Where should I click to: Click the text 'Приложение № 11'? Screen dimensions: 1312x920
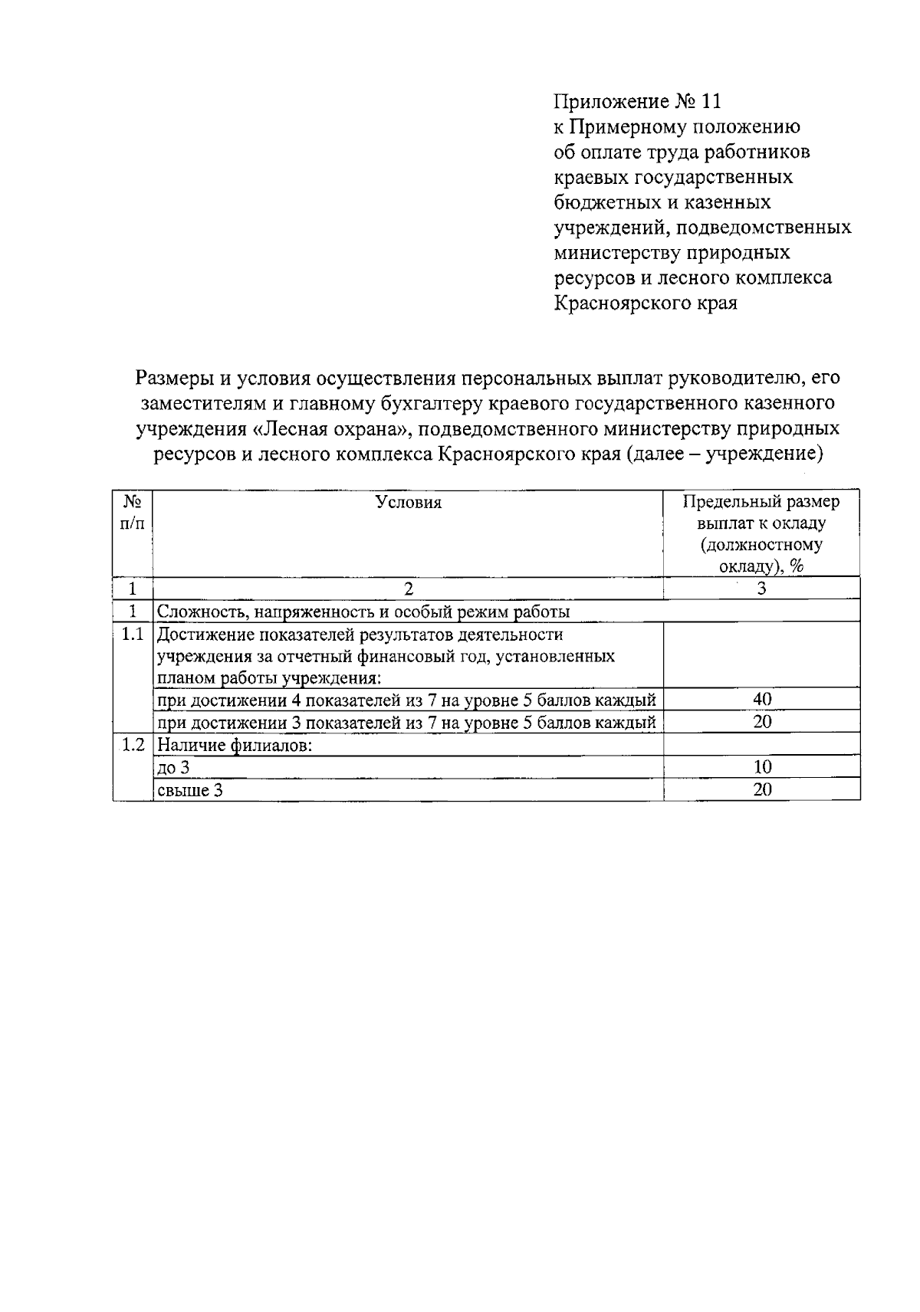(637, 101)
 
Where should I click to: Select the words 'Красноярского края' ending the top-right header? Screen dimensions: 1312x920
(646, 303)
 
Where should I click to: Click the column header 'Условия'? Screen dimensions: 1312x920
(409, 503)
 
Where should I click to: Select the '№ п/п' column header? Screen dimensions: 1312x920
(133, 513)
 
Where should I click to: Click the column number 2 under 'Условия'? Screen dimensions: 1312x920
(409, 589)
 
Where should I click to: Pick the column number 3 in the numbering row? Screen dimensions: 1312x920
(761, 589)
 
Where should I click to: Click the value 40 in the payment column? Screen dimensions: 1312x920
(761, 699)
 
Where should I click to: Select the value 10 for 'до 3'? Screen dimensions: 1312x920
(761, 767)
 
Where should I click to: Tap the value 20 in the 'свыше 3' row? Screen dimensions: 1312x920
(761, 790)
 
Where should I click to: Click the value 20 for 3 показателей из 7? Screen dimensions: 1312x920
(761, 722)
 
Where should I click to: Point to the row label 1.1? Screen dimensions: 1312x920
(133, 635)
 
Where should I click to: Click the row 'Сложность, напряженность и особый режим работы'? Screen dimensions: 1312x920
(363, 612)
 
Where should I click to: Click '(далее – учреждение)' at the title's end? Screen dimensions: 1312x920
(724, 454)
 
